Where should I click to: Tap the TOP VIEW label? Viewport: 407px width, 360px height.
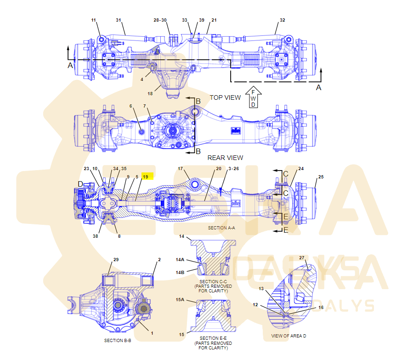[x=225, y=97]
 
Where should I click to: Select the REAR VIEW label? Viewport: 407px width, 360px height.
[x=225, y=158]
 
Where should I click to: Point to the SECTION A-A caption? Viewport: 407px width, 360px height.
[x=221, y=228]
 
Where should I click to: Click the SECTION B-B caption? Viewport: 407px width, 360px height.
[x=118, y=341]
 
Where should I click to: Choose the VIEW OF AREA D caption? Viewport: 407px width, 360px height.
[x=288, y=336]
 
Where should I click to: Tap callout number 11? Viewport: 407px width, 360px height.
[x=94, y=20]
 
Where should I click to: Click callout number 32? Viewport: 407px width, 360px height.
[x=282, y=20]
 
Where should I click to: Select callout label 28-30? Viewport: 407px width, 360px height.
[x=160, y=20]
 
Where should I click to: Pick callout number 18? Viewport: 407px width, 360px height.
[x=150, y=94]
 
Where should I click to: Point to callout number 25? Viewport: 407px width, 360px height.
[x=321, y=177]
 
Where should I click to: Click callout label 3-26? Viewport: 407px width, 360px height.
[x=234, y=169]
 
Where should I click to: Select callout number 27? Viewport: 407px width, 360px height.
[x=302, y=257]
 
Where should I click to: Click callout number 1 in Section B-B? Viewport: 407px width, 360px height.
[x=152, y=333]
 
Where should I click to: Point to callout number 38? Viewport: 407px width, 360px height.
[x=95, y=236]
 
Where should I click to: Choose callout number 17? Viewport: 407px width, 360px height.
[x=181, y=169]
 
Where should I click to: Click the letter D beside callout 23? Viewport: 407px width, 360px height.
[x=80, y=184]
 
